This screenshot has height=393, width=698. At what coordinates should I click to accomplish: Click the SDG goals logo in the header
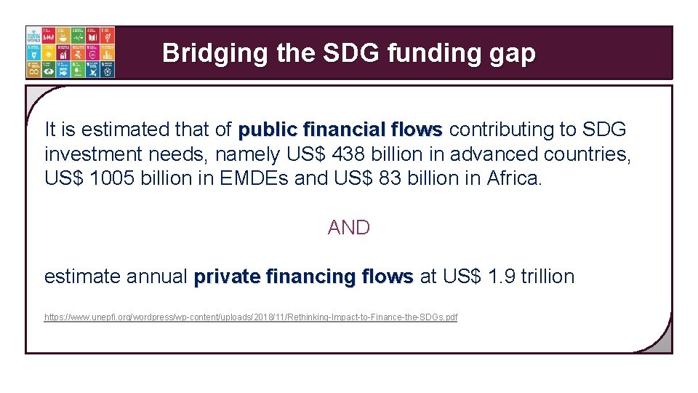[x=71, y=52]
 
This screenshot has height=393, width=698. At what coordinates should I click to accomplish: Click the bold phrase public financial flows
[x=340, y=130]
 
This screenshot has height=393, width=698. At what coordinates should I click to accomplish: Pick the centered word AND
[x=349, y=228]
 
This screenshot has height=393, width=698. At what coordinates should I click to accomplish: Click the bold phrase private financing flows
[x=303, y=277]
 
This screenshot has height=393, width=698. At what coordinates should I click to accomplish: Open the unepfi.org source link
[x=251, y=318]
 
